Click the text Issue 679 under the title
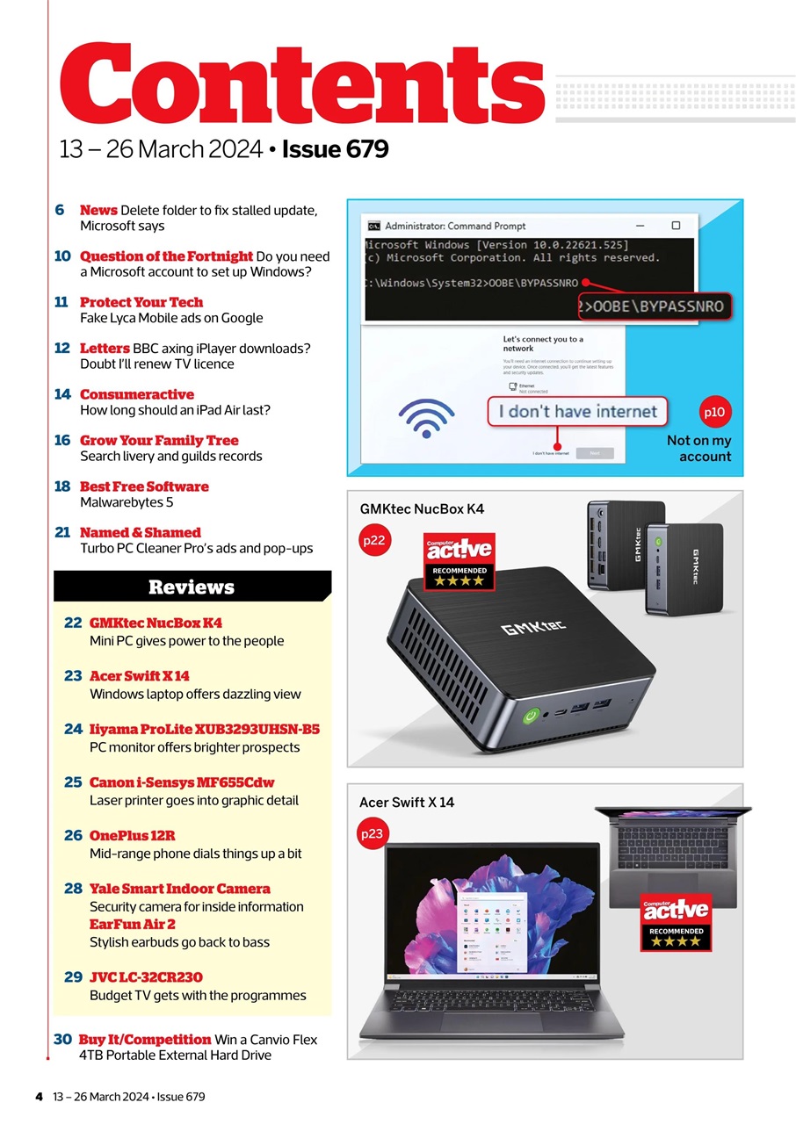click(x=335, y=149)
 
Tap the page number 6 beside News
click(x=60, y=210)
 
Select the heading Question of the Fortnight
click(x=166, y=256)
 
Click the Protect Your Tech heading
click(x=141, y=302)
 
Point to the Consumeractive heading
click(x=136, y=394)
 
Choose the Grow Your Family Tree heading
click(x=159, y=440)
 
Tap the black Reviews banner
click(x=192, y=587)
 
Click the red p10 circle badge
click(x=715, y=411)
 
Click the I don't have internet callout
click(x=577, y=411)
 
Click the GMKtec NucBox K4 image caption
click(x=422, y=508)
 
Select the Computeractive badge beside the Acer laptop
click(x=675, y=921)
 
